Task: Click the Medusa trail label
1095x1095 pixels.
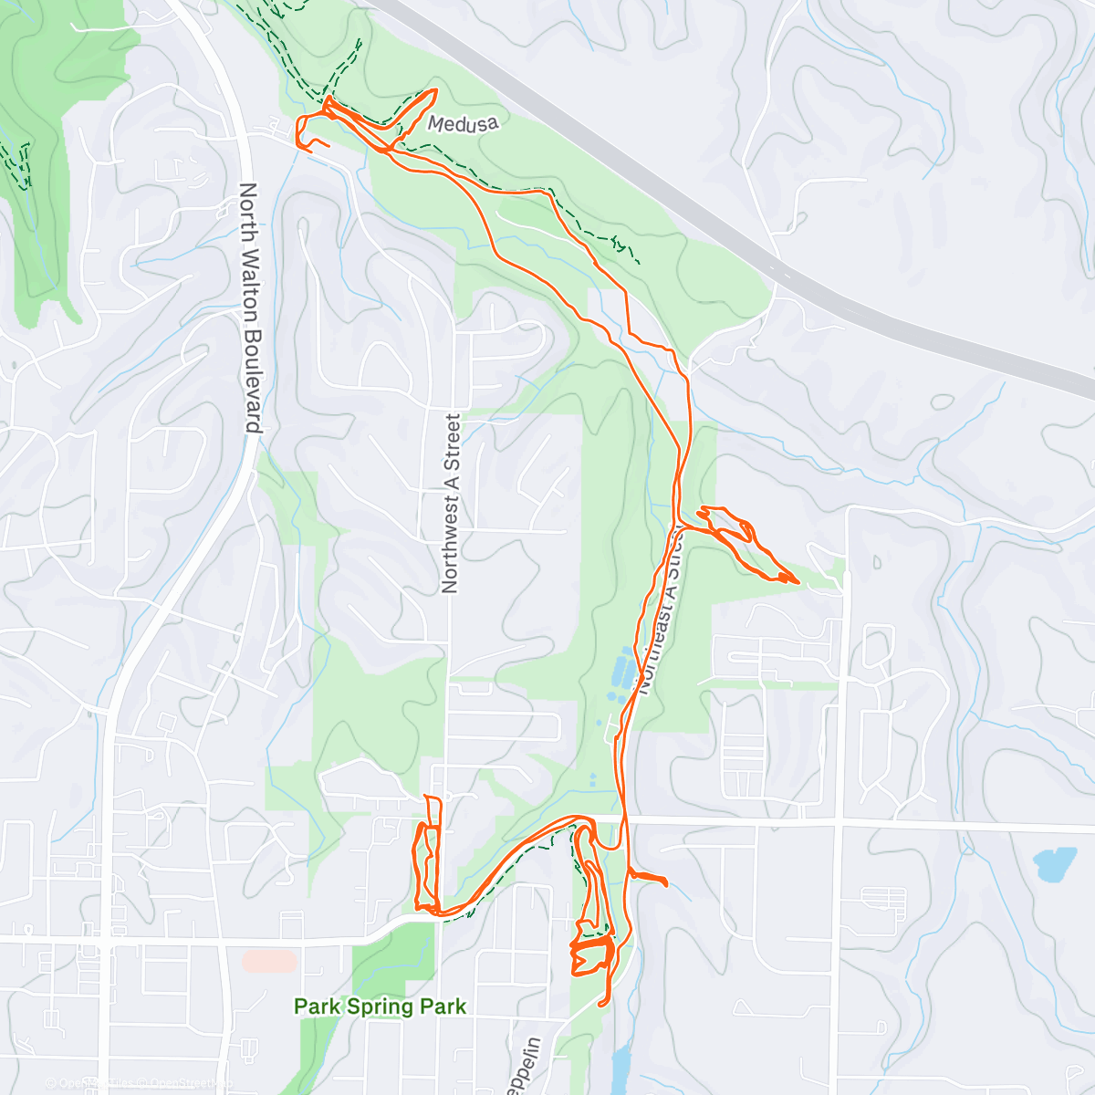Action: click(464, 123)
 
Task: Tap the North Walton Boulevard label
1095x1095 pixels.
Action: click(249, 308)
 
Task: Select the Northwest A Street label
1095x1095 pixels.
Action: click(452, 504)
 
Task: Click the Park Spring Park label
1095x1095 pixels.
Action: click(380, 1006)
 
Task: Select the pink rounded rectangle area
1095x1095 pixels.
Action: click(270, 961)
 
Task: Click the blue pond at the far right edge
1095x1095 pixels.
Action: click(1055, 863)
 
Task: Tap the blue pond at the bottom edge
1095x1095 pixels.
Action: click(621, 1068)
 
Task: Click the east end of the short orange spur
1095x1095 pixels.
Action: click(667, 883)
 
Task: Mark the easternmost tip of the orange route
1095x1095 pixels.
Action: click(798, 581)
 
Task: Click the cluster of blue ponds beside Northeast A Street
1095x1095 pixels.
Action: click(620, 676)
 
